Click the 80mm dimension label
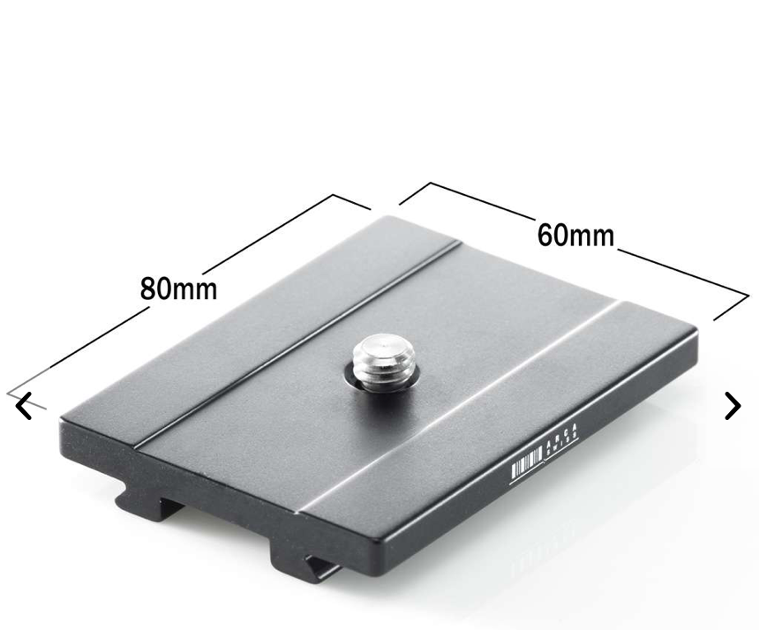[x=178, y=289]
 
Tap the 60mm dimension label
[x=575, y=236]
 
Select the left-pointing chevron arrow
[x=25, y=407]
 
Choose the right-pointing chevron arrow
[x=732, y=406]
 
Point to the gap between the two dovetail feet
[x=225, y=521]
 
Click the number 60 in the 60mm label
[x=554, y=235]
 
